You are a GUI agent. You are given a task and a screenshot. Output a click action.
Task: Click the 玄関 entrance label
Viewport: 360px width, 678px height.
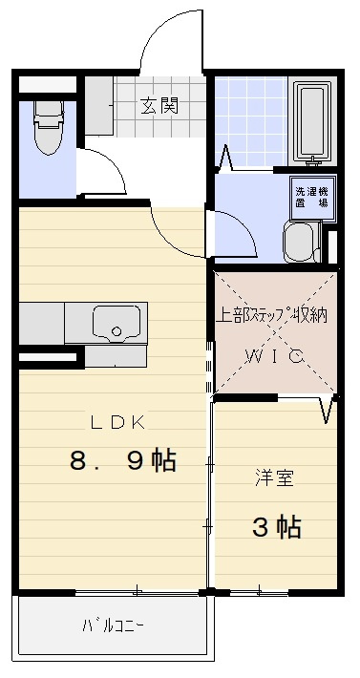(159, 105)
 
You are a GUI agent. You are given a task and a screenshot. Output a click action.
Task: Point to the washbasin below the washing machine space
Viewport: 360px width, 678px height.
(300, 243)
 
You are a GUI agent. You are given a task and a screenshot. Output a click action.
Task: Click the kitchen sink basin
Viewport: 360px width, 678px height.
(117, 324)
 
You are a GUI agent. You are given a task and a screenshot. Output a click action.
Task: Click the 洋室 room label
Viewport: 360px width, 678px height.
(273, 478)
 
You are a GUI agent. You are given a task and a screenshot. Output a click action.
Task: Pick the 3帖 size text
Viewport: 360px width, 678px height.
(276, 525)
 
